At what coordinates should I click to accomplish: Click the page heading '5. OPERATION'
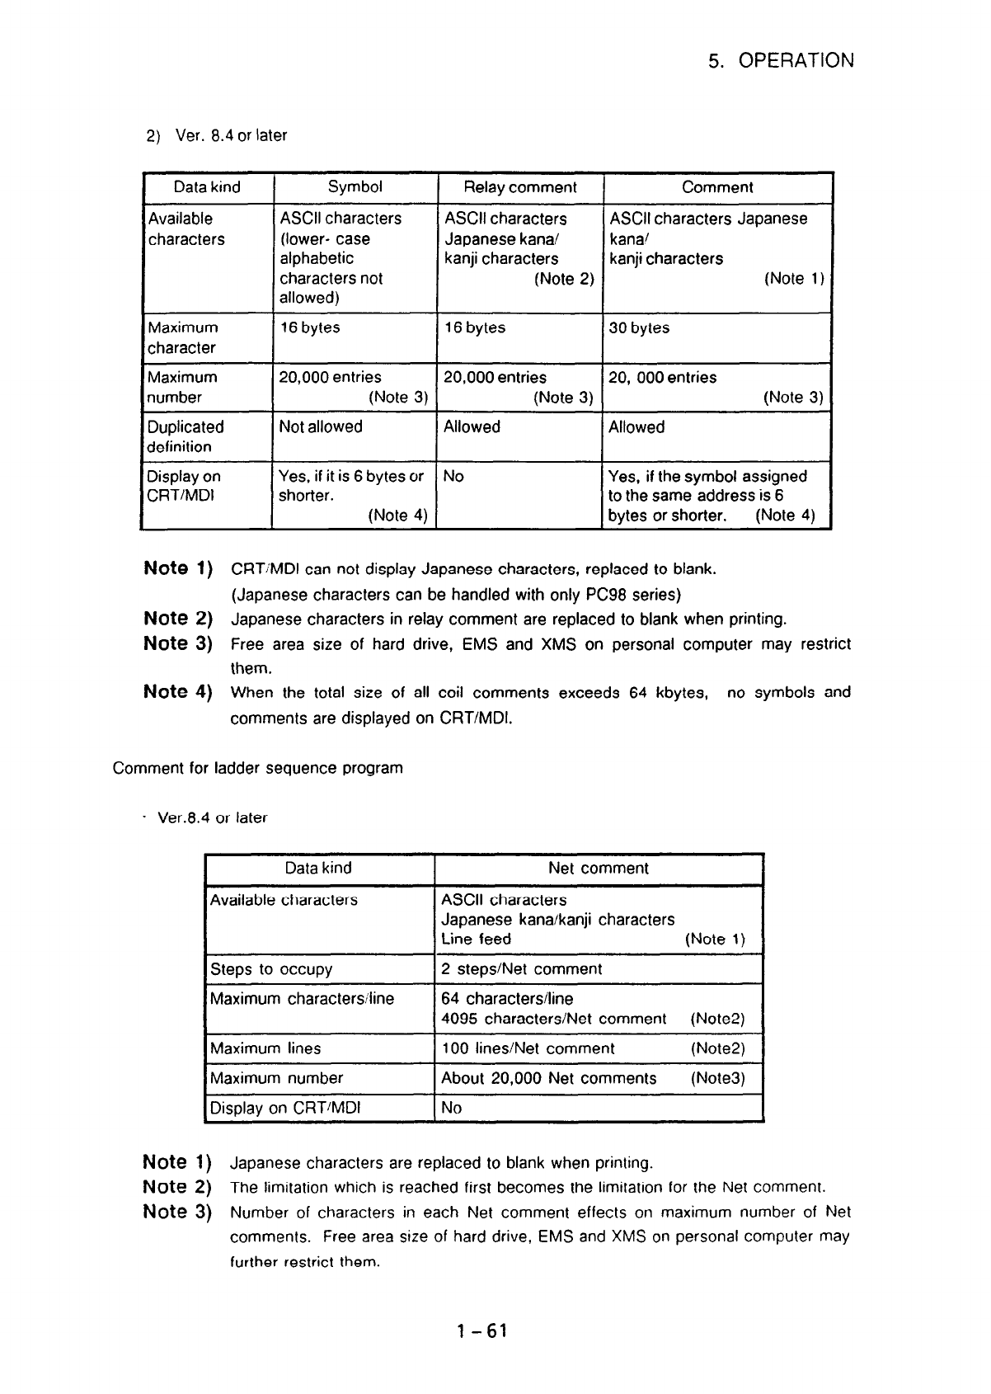point(781,61)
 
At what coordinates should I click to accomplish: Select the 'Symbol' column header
point(355,187)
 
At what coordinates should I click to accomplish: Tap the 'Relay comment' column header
point(520,187)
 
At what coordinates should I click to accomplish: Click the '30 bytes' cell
point(639,328)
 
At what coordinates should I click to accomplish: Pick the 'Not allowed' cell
point(321,427)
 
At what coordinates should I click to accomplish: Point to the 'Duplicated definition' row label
point(185,436)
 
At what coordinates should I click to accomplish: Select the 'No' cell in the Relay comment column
point(453,476)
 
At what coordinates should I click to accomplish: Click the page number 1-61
point(482,1330)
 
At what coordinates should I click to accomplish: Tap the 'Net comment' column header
point(598,869)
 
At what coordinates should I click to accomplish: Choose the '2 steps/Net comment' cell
point(521,969)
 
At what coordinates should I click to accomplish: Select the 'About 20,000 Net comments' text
point(548,1078)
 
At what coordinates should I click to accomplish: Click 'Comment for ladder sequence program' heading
point(257,768)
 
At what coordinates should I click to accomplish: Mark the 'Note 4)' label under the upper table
point(178,692)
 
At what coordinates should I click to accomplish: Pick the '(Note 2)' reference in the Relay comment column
point(564,279)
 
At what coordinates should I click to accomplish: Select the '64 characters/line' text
point(506,999)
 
